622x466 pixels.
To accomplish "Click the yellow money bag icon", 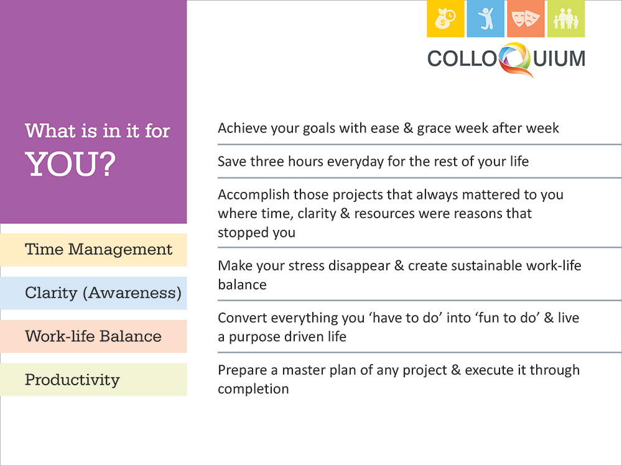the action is (445, 19).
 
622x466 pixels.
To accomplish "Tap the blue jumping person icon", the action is (486, 19).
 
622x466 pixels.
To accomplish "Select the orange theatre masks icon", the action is (526, 19).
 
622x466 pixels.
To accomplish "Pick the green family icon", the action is (566, 19).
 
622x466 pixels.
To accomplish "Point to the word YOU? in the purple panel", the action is (70, 164).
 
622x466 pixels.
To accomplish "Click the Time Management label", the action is (98, 250).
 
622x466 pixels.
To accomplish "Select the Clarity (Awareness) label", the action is (103, 293).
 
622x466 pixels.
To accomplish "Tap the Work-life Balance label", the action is (93, 336).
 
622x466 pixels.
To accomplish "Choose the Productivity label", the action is (72, 380).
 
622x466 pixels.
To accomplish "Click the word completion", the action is (253, 390).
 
